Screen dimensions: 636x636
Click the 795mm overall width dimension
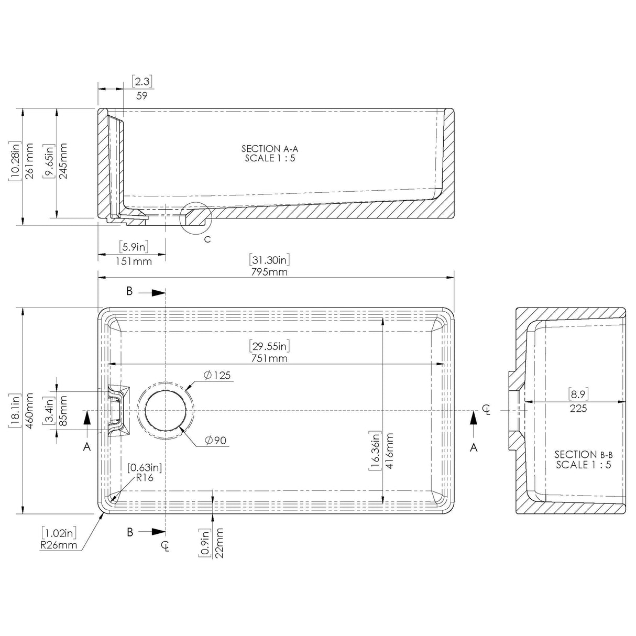(269, 272)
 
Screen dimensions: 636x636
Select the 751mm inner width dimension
(269, 358)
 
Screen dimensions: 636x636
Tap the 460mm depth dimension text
(29, 411)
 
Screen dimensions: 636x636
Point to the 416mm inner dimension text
(389, 451)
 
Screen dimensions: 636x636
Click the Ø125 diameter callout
(217, 375)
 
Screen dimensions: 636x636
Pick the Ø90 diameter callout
(215, 440)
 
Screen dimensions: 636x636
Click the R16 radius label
(145, 478)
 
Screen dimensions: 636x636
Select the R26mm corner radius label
(59, 545)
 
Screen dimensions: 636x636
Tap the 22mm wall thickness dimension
(219, 543)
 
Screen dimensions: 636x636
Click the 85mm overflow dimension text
(62, 411)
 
